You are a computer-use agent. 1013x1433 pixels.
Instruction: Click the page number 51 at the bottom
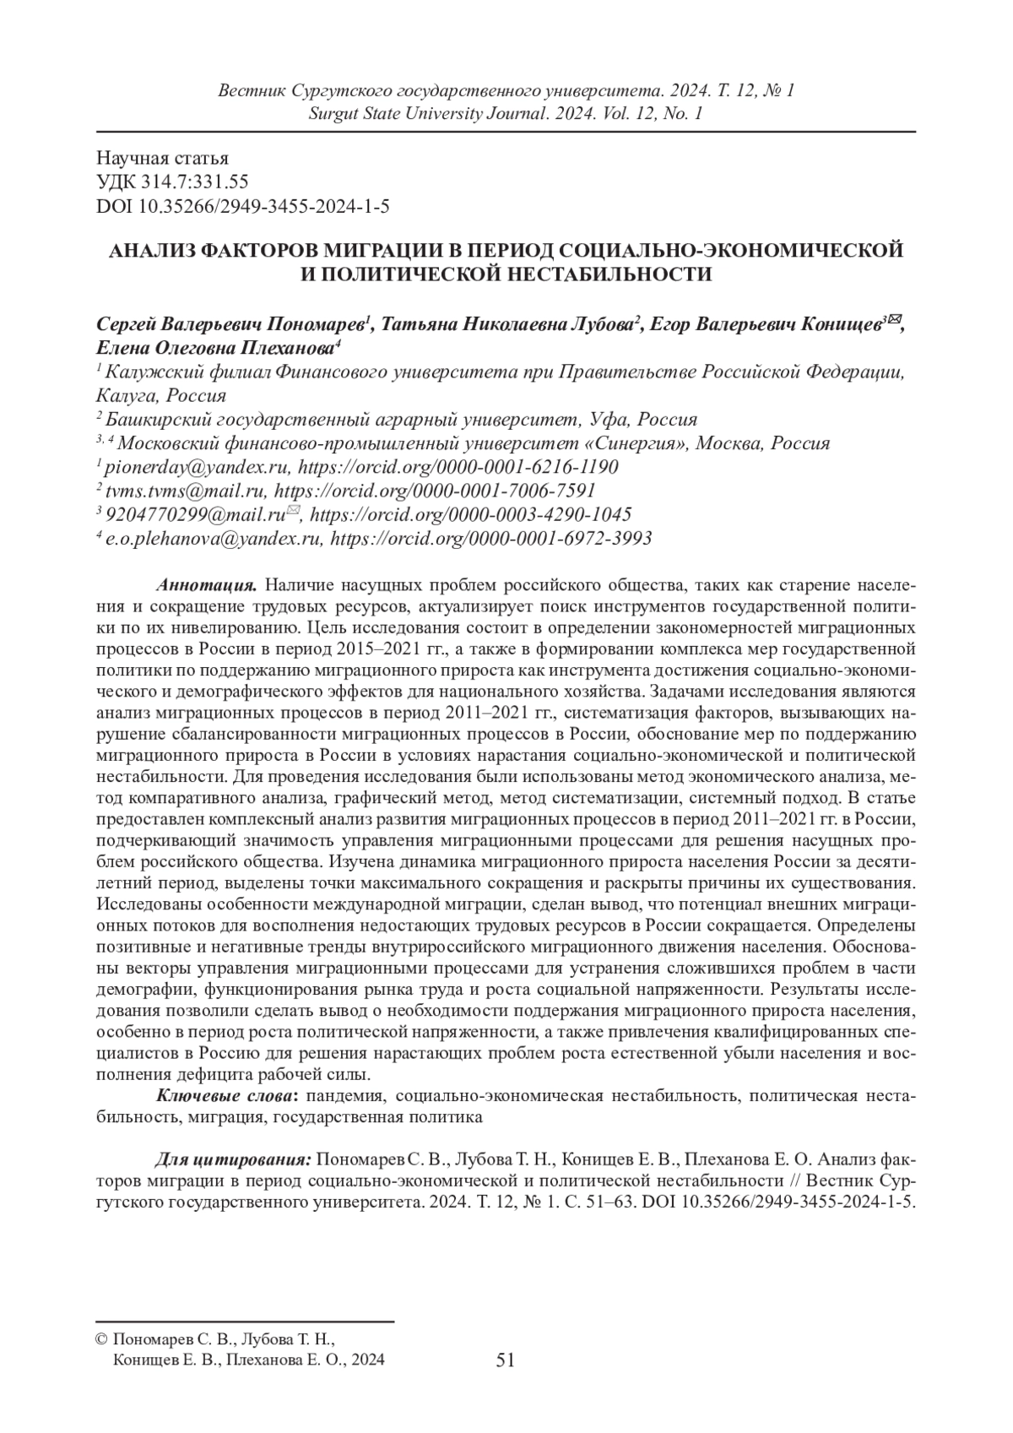506,1359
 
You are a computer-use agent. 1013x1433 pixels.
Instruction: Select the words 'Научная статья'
163,159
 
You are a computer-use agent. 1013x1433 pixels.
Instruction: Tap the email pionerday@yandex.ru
198,467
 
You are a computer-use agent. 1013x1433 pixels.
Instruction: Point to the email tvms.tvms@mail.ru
187,491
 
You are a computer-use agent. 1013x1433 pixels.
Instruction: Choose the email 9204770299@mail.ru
197,514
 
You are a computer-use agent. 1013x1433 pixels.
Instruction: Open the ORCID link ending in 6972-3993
490,538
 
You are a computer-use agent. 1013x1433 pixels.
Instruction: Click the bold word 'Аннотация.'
207,585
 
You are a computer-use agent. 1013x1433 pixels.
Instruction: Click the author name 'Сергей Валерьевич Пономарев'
234,324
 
